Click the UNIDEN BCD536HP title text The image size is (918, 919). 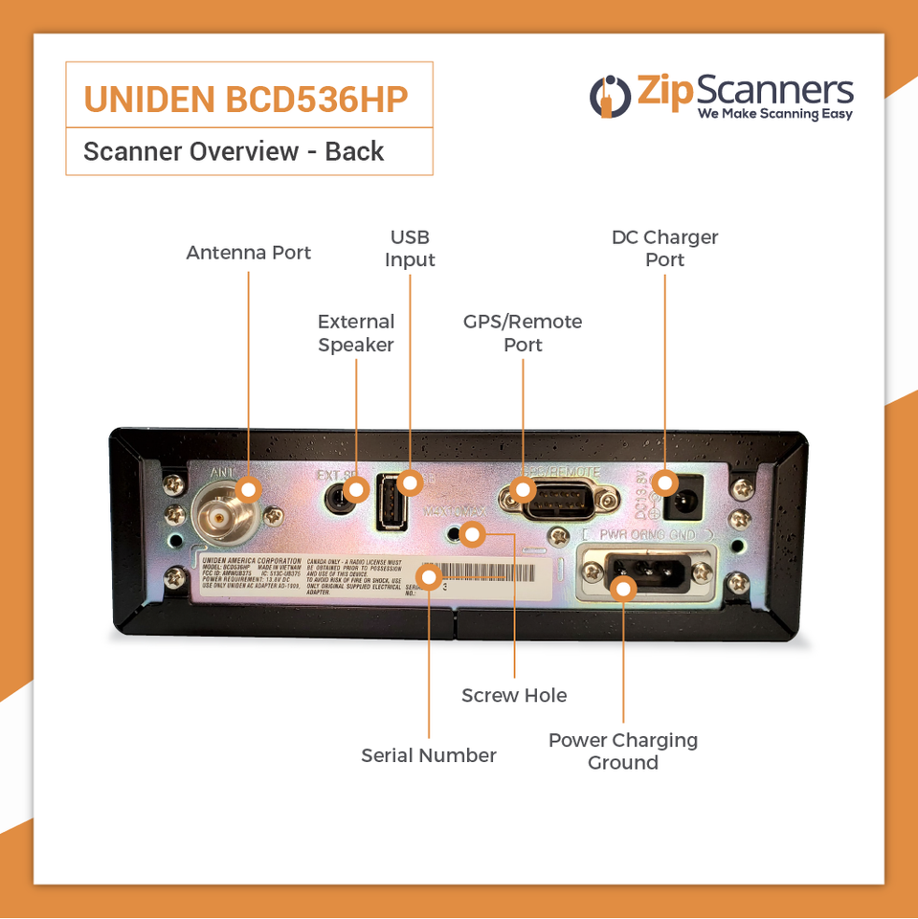click(x=247, y=99)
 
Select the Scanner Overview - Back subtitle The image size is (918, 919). click(x=234, y=151)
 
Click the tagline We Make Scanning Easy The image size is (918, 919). click(x=774, y=114)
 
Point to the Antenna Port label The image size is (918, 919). click(x=248, y=253)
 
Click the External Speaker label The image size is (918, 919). click(x=356, y=333)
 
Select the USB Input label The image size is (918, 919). click(x=410, y=248)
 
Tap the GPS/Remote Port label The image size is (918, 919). click(x=523, y=333)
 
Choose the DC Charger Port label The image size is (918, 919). click(x=664, y=248)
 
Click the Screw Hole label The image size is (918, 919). click(x=514, y=695)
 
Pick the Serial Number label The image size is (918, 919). click(x=428, y=755)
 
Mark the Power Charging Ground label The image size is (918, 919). click(x=622, y=751)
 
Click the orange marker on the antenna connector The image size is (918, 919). click(x=248, y=489)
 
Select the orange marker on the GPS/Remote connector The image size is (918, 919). click(x=522, y=490)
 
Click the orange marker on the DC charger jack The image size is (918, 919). click(x=665, y=482)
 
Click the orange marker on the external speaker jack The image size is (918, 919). click(x=355, y=490)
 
